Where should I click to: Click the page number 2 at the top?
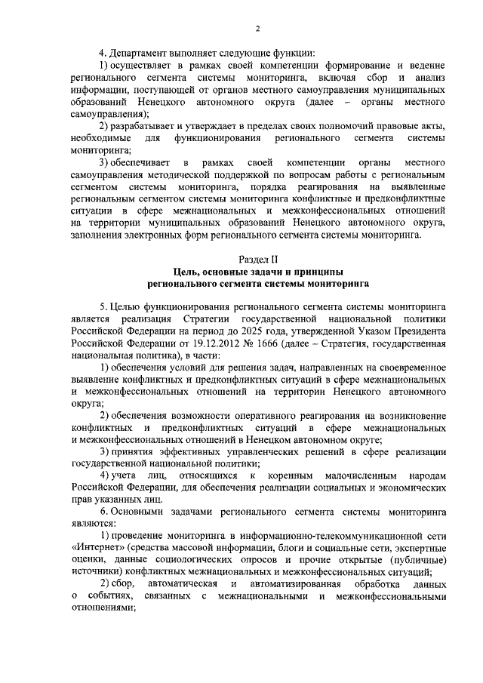(x=257, y=29)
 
